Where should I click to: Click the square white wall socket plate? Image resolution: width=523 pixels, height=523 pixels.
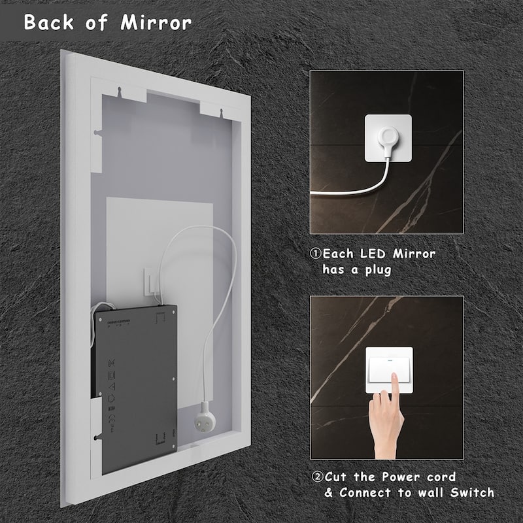[x=388, y=139]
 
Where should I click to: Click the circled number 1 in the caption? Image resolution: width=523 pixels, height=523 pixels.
[x=316, y=254]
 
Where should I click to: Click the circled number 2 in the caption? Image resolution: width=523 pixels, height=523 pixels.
[x=316, y=477]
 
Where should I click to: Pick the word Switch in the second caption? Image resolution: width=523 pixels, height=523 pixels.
[x=471, y=492]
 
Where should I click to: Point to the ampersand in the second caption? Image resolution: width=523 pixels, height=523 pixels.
[x=328, y=492]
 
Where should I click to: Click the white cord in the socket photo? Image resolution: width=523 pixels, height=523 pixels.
[x=346, y=190]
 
